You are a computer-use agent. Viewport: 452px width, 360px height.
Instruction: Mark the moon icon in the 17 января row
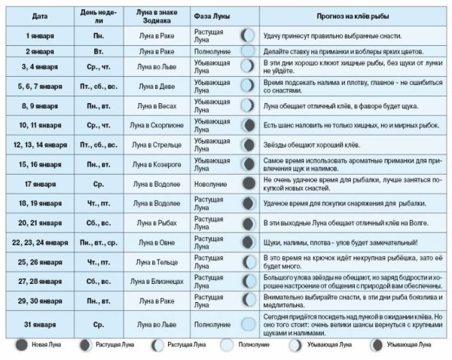coord(248,183)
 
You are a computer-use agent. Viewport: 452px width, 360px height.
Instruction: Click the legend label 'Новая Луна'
coord(47,344)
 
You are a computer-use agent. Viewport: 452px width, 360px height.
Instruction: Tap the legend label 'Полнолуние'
coord(255,344)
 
